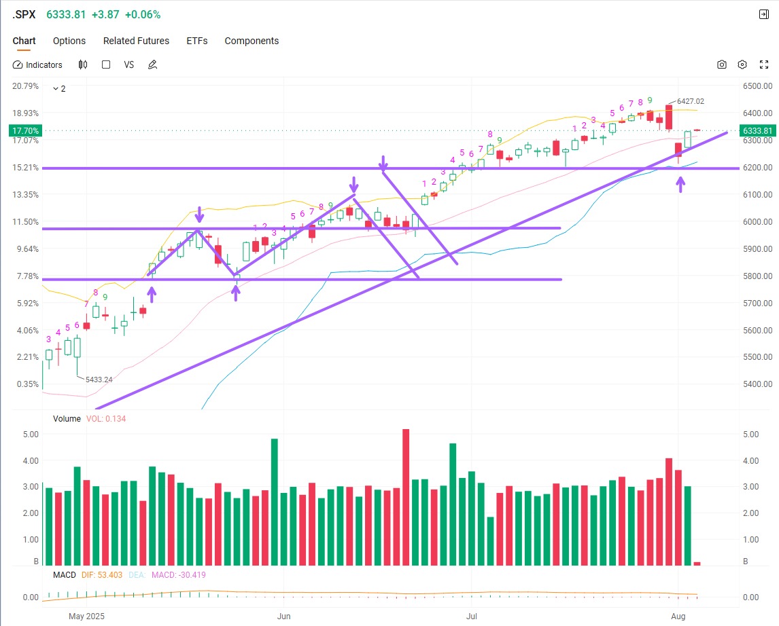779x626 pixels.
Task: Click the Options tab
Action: coord(69,41)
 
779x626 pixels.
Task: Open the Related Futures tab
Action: coord(136,41)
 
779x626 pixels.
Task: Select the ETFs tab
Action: coord(197,41)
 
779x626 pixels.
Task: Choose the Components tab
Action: coord(252,41)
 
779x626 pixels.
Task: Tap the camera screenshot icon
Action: coord(721,65)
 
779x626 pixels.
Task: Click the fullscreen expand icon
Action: coord(763,65)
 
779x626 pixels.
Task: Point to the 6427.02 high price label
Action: coord(691,101)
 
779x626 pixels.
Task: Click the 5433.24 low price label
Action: coord(99,380)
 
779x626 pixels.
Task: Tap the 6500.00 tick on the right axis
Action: coord(758,86)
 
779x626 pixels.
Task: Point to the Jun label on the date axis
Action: coord(284,616)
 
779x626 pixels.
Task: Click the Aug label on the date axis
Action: coord(678,616)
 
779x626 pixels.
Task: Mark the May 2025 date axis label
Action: coord(87,616)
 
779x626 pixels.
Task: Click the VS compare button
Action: coord(128,65)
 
